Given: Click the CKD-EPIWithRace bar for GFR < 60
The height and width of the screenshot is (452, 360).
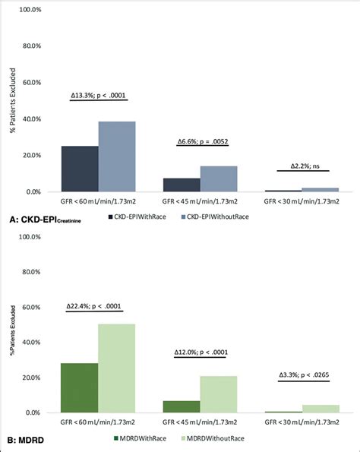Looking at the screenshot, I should [80, 169].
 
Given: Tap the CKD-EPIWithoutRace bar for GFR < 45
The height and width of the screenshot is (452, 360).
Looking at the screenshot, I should [219, 179].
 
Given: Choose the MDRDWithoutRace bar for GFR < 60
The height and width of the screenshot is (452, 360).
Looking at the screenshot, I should [117, 368].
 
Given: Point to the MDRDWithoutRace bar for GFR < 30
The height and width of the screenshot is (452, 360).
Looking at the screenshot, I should [320, 409].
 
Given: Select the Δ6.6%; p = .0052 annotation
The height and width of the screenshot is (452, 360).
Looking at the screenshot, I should [201, 142].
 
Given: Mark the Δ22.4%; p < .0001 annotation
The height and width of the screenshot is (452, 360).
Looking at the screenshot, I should [98, 307].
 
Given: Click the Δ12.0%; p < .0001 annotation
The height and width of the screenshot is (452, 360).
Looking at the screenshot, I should [201, 353].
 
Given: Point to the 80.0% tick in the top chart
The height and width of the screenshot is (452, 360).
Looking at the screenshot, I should [29, 46].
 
